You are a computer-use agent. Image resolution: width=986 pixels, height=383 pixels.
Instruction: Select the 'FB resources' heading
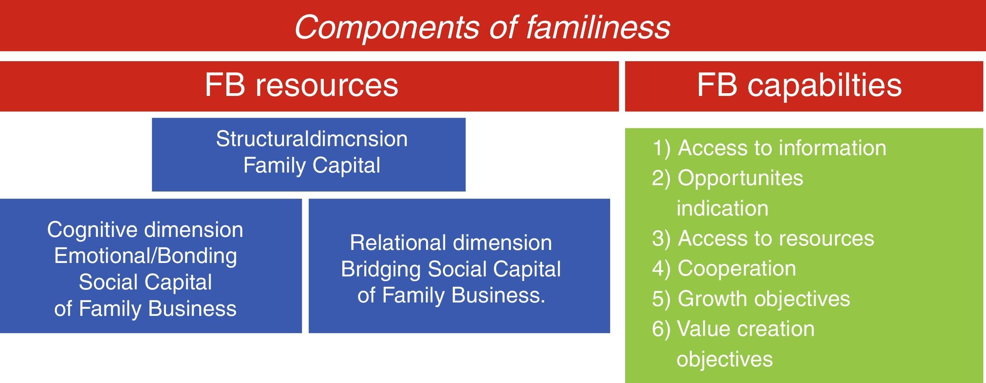(x=301, y=85)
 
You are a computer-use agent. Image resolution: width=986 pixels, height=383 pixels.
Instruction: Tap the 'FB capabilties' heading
(x=799, y=86)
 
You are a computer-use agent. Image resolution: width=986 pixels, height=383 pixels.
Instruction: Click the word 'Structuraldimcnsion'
(x=312, y=139)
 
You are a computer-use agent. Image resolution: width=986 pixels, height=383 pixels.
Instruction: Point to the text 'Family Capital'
(x=312, y=165)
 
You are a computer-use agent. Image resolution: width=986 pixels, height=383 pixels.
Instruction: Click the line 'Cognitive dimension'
(x=145, y=230)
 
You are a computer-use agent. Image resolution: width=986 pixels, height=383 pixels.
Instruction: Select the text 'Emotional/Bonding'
(x=146, y=256)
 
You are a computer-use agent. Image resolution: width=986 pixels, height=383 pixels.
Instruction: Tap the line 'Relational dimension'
(x=451, y=243)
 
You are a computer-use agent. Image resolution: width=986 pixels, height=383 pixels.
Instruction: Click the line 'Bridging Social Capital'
(x=451, y=269)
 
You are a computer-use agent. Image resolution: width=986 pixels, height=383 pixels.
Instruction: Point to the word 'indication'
(x=723, y=208)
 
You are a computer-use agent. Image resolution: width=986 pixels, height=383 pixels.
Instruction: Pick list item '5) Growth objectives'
(x=751, y=299)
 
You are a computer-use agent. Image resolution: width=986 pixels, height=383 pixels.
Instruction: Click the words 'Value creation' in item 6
(x=746, y=329)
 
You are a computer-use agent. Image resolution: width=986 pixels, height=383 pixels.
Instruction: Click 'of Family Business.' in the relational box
(x=451, y=295)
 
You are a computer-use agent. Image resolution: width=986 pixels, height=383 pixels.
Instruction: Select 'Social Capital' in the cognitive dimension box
(x=145, y=282)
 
